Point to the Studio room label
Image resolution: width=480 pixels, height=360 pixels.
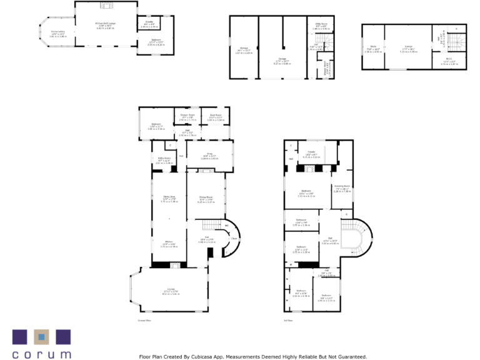[373, 46]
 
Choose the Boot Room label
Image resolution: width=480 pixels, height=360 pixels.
[216, 116]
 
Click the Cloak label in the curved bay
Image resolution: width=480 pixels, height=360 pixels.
[234, 239]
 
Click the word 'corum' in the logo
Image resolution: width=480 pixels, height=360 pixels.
[41, 354]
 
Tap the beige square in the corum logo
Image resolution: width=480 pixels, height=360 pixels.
[41, 336]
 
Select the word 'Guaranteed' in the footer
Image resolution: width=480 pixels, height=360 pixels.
[350, 356]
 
